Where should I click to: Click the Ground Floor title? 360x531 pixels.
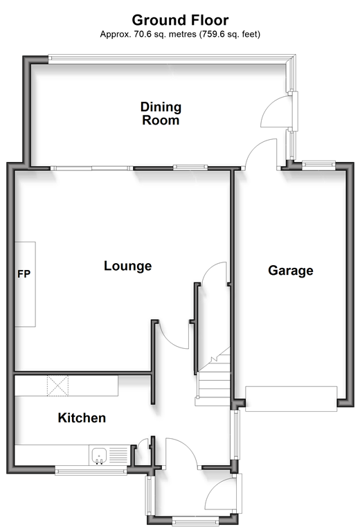point(180,20)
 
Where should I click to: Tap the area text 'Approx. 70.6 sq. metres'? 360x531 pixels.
point(148,34)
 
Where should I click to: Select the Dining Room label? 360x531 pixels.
point(161,114)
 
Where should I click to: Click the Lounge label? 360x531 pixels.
point(127,266)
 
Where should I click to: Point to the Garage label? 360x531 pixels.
point(291,271)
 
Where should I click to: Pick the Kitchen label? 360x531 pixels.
point(82,418)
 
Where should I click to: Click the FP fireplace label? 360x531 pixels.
point(24,273)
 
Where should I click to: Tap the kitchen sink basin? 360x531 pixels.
point(99,456)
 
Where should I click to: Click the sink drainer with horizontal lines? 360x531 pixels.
point(118,456)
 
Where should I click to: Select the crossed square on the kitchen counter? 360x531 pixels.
point(57,386)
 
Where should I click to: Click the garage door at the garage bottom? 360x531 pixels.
point(291,399)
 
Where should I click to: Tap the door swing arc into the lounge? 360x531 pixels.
point(173,336)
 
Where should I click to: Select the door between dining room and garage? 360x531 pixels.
point(262,154)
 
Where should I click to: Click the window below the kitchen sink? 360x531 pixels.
point(91,470)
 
